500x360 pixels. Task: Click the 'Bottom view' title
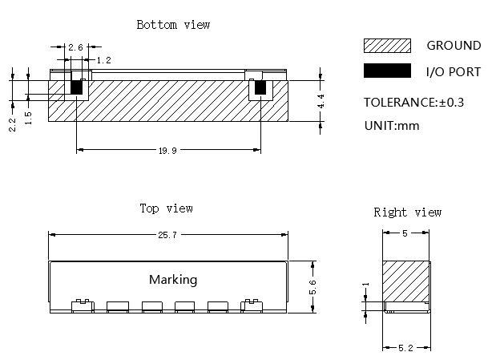point(173,25)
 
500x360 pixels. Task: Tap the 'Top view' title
point(166,208)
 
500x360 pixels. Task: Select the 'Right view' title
point(408,212)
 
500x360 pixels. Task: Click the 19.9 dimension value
point(167,150)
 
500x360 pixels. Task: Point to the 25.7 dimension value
point(167,235)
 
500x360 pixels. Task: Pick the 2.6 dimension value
point(75,47)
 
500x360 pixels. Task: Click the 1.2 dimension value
point(103,60)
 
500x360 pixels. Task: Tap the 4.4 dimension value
point(321,101)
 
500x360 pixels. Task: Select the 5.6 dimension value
point(312,287)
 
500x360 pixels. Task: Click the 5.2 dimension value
point(405,348)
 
